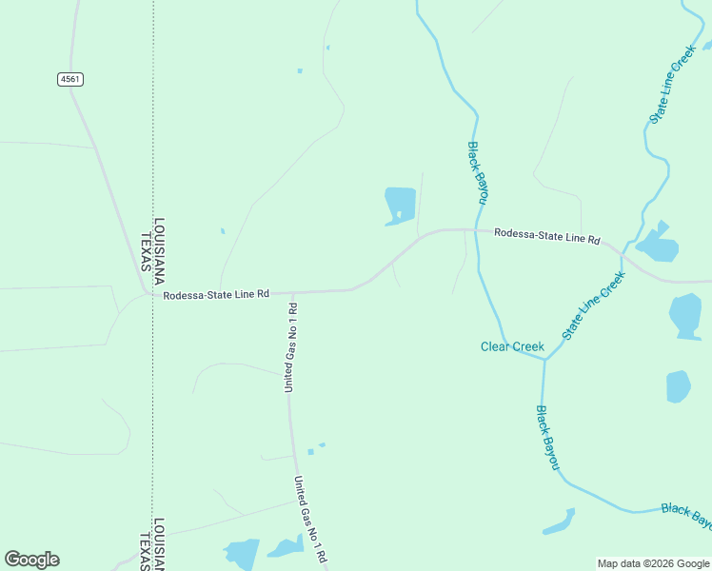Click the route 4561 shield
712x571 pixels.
click(69, 79)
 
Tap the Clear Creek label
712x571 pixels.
click(512, 346)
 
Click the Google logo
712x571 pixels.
click(31, 560)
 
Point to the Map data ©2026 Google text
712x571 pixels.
click(653, 563)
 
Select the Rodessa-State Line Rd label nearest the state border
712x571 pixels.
click(216, 295)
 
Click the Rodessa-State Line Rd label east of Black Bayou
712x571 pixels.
click(547, 236)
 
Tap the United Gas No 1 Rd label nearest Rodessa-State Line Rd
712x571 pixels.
click(291, 347)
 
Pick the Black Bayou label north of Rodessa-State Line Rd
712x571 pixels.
click(478, 171)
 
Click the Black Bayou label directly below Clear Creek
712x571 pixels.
click(546, 437)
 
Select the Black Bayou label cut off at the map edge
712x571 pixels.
click(686, 515)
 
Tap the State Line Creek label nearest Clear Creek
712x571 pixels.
click(593, 305)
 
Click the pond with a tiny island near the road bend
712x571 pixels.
click(401, 206)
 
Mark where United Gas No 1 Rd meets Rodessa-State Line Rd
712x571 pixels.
click(292, 292)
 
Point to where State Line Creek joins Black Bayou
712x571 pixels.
click(544, 360)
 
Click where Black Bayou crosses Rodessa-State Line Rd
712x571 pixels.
click(476, 229)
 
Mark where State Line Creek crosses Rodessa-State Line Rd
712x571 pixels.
click(623, 253)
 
